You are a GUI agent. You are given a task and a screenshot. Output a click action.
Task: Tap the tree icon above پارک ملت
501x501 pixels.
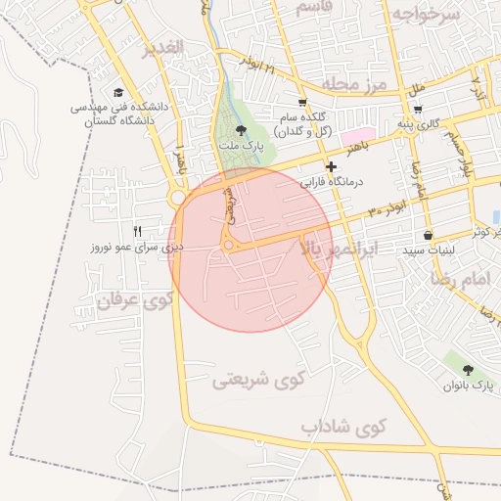[242, 128]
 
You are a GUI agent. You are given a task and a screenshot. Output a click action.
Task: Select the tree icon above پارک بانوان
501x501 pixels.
[468, 371]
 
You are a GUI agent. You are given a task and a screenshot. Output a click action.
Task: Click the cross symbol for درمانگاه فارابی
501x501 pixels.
[331, 167]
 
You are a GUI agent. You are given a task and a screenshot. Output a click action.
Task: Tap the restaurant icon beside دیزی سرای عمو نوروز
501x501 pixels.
[138, 231]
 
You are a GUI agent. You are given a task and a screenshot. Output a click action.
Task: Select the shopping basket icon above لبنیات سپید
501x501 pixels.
[429, 236]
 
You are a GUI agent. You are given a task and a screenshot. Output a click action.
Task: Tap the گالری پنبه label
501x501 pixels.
[412, 124]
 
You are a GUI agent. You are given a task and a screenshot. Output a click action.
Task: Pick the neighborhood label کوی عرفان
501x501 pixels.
[133, 301]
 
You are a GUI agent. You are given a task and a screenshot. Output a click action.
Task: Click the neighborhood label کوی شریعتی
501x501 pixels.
[258, 379]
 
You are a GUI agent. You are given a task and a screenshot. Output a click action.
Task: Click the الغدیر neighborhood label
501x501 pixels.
[162, 49]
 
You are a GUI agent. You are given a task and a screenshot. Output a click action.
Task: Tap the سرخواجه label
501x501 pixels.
[426, 14]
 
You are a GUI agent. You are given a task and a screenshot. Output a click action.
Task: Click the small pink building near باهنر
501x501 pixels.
[357, 134]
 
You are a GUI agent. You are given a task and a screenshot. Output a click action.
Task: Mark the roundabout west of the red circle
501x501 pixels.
[177, 198]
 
